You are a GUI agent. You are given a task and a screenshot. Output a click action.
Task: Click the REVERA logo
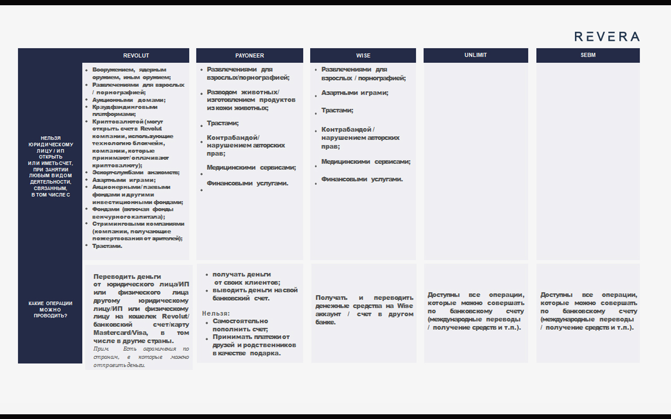click(607, 37)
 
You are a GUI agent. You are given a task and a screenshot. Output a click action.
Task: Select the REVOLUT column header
click(136, 56)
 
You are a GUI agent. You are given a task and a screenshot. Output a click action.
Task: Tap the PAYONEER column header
click(250, 56)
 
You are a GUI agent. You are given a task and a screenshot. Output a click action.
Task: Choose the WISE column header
click(363, 56)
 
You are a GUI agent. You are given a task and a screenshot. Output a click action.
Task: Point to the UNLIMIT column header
click(475, 56)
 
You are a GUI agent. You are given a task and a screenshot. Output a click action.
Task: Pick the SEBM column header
click(588, 56)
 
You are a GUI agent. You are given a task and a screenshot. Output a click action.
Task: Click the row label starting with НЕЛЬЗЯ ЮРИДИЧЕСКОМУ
click(50, 166)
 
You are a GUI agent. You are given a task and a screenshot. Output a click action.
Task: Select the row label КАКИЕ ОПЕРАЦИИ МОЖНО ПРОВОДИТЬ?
click(50, 310)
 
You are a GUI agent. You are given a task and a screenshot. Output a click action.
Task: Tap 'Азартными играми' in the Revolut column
click(124, 180)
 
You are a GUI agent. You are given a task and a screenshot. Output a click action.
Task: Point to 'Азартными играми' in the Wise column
click(354, 93)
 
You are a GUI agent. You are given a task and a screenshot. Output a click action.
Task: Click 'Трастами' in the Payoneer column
click(222, 124)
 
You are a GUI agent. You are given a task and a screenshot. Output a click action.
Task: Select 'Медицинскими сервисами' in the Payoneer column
click(251, 168)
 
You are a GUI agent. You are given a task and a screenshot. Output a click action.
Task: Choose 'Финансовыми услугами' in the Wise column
click(362, 179)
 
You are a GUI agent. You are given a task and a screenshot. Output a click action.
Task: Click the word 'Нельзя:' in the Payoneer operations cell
click(216, 313)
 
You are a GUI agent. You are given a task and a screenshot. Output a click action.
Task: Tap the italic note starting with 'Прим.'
click(141, 357)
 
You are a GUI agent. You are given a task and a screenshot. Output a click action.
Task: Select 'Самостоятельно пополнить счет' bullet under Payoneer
click(240, 325)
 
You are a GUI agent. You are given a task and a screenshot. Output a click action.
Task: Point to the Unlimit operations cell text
click(475, 311)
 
